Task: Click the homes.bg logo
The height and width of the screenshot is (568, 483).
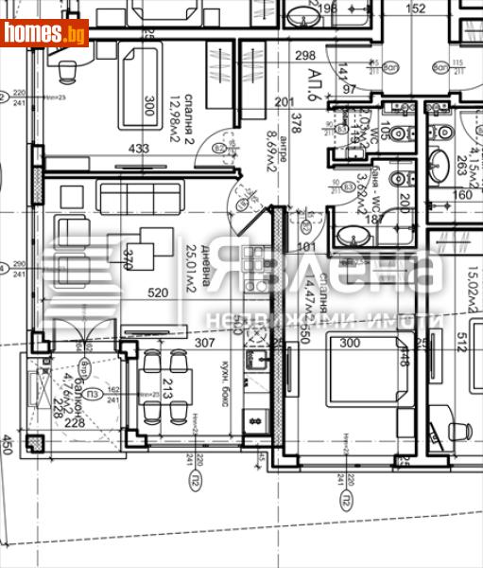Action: [44, 33]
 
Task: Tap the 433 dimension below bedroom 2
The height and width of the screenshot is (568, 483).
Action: [138, 149]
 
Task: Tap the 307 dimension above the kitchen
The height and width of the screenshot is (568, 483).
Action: [205, 344]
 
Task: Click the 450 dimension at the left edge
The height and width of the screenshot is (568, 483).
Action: [9, 445]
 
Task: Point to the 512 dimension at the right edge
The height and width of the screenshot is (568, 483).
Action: [462, 339]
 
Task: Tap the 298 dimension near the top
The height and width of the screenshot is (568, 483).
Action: [304, 55]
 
